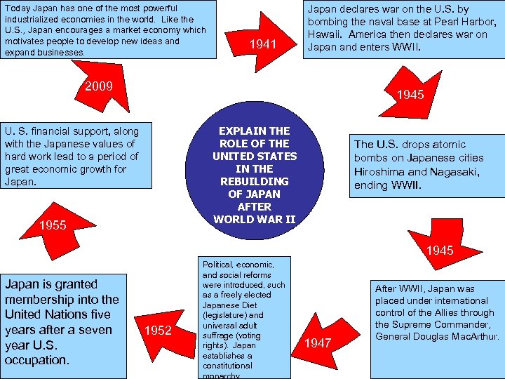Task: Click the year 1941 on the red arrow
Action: tap(263, 46)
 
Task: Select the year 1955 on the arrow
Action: tap(52, 225)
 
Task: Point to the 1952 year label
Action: tap(158, 331)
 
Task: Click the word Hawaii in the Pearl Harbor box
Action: tap(328, 34)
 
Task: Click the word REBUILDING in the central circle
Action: tap(255, 181)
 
